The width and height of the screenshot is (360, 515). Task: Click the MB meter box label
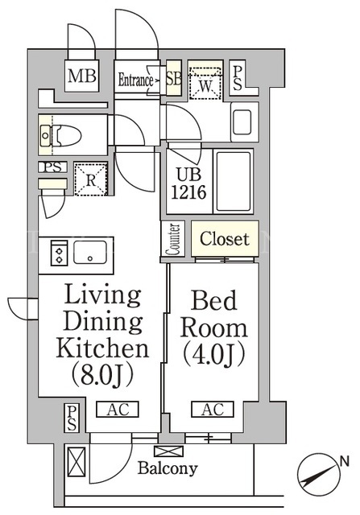tap(82, 76)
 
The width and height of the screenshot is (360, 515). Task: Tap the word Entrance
tap(136, 80)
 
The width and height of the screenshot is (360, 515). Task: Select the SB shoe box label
tap(174, 79)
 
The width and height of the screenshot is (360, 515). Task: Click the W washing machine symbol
tap(205, 83)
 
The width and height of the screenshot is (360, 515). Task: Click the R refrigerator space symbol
tap(91, 179)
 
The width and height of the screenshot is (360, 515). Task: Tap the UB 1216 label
tap(188, 183)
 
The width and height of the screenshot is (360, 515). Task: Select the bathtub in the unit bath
tap(233, 181)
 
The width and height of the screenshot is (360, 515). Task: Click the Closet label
tap(225, 239)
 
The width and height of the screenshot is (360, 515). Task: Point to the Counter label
tap(173, 239)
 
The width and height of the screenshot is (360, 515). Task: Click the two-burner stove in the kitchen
tap(59, 253)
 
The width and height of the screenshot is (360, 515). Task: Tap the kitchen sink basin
tap(90, 252)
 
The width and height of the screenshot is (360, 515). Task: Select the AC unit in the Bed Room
tap(213, 410)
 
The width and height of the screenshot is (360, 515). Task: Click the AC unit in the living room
tap(118, 410)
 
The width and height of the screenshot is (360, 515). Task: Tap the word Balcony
tap(168, 468)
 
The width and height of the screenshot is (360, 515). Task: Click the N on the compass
tap(344, 462)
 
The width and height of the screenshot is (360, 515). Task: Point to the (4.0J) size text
tap(214, 354)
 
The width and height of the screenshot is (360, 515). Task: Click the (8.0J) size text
tap(102, 373)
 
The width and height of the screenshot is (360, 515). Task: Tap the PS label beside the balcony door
tap(72, 418)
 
